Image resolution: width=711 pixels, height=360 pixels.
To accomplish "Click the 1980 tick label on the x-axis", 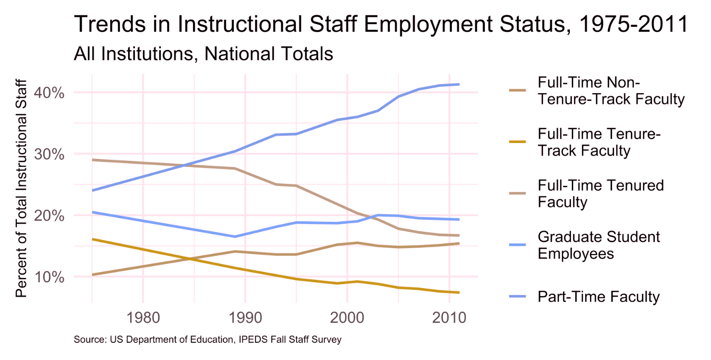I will [x=142, y=318].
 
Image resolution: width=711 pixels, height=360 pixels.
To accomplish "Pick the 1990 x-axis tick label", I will [x=244, y=318].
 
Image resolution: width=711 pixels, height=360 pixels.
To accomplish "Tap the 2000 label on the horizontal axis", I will [x=347, y=318].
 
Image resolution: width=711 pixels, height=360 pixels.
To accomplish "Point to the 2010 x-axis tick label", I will [x=448, y=318].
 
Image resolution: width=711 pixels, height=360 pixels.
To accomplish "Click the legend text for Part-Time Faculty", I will [x=599, y=297].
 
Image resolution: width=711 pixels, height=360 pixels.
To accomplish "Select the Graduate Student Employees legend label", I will [x=599, y=245].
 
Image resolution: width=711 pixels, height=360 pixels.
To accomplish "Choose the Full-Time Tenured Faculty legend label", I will [x=601, y=193].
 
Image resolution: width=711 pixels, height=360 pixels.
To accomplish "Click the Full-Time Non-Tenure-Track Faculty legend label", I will [x=611, y=90].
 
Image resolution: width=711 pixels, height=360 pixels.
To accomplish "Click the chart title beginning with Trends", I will [x=381, y=24].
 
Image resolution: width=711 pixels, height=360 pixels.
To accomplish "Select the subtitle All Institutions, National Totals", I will [x=203, y=54].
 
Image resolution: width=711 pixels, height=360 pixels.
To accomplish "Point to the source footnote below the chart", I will [x=207, y=339].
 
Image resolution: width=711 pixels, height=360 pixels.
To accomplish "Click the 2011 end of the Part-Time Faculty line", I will [x=459, y=84].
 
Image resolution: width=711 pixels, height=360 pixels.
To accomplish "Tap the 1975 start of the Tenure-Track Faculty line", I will [x=92, y=239].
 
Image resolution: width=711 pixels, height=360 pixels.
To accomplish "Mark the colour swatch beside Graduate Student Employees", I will [x=518, y=245].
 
